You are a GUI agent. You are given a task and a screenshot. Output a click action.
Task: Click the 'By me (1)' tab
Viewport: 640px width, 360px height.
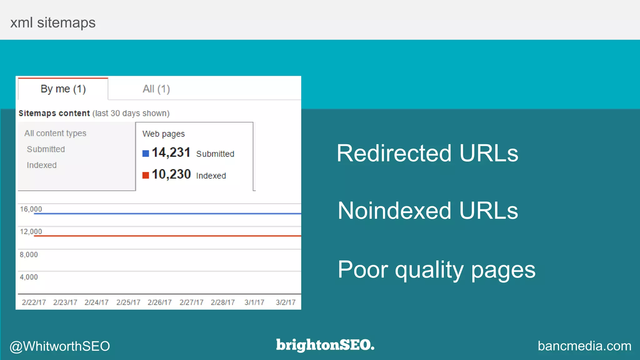click(63, 89)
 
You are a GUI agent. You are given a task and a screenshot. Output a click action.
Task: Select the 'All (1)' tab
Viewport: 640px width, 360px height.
click(156, 89)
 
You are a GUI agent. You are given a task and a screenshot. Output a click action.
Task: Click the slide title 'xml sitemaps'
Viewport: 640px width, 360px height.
click(53, 22)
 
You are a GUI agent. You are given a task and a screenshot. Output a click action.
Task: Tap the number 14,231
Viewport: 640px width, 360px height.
click(171, 152)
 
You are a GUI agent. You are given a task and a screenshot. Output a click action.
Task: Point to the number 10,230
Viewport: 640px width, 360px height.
click(171, 174)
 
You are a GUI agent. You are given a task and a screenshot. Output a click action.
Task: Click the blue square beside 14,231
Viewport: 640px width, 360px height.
click(146, 153)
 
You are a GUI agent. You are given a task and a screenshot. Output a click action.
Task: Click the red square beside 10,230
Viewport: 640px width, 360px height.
click(146, 175)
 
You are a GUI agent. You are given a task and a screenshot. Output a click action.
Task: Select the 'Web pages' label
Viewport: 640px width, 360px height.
click(163, 134)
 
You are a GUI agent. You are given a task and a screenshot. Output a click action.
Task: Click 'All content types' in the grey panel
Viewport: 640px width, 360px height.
click(55, 133)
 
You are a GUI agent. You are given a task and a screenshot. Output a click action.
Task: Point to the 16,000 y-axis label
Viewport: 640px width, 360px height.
click(31, 209)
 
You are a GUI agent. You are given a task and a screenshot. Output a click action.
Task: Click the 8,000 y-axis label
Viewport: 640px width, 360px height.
click(29, 255)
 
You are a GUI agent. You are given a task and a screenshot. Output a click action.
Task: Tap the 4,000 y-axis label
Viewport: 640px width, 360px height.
click(29, 277)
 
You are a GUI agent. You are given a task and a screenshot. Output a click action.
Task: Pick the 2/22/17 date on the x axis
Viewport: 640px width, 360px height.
click(34, 302)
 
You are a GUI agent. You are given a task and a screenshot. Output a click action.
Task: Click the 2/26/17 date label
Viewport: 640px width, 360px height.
click(159, 302)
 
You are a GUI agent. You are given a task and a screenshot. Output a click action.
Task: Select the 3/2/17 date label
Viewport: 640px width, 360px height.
click(286, 302)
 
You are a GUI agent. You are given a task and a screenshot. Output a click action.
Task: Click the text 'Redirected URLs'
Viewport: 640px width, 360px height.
click(427, 153)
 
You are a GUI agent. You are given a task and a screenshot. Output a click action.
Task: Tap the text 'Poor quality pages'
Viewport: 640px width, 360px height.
click(437, 269)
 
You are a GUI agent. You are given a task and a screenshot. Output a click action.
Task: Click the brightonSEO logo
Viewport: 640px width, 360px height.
click(325, 345)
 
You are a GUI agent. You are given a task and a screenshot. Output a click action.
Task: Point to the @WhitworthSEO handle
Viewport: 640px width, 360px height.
click(60, 346)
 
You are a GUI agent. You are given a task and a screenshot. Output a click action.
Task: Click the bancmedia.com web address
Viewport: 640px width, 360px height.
click(584, 346)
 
